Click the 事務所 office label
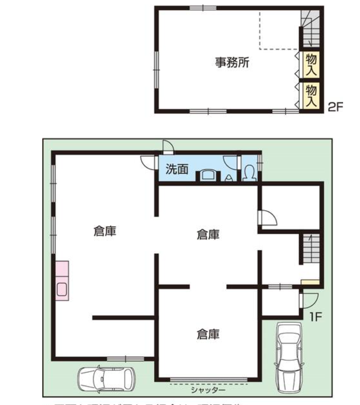[x=232, y=63]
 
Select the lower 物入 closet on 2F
[x=311, y=95]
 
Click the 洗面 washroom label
[x=177, y=169]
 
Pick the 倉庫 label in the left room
[x=105, y=231]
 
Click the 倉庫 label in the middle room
[x=208, y=234]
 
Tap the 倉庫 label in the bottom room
[x=208, y=334]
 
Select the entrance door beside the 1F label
[x=309, y=299]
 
